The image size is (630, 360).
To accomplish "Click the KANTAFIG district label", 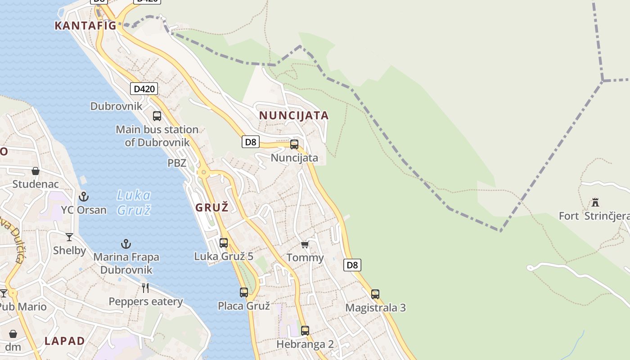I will (x=85, y=26).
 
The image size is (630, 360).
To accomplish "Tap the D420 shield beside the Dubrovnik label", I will (x=144, y=89).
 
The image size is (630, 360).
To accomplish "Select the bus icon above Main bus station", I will (x=157, y=116).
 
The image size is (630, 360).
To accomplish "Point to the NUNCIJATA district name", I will (x=294, y=116).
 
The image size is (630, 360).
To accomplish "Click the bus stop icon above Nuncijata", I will (x=294, y=144).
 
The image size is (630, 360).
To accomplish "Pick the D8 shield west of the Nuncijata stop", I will (x=250, y=142).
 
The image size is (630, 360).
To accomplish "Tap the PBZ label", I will (x=177, y=163).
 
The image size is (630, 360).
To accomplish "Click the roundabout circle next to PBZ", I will (x=204, y=172).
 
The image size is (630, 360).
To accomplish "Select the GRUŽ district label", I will (x=212, y=207).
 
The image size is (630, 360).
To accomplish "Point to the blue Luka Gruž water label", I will (x=134, y=202).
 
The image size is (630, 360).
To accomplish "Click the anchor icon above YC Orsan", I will (x=84, y=197).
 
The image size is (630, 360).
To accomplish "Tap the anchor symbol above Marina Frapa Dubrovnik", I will (x=126, y=244).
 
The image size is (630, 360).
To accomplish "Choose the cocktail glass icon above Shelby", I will (x=69, y=237).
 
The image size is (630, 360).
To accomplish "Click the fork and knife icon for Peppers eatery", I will (x=145, y=288).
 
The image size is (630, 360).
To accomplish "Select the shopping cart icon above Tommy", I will (x=305, y=245).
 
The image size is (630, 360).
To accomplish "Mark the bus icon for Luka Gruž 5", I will (x=224, y=243).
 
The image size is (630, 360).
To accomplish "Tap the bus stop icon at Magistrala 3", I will (x=375, y=294).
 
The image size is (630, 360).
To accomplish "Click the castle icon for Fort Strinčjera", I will (x=595, y=202).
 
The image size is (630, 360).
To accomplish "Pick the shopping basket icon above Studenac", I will (x=36, y=171).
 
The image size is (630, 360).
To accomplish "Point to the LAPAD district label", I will (x=65, y=341).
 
